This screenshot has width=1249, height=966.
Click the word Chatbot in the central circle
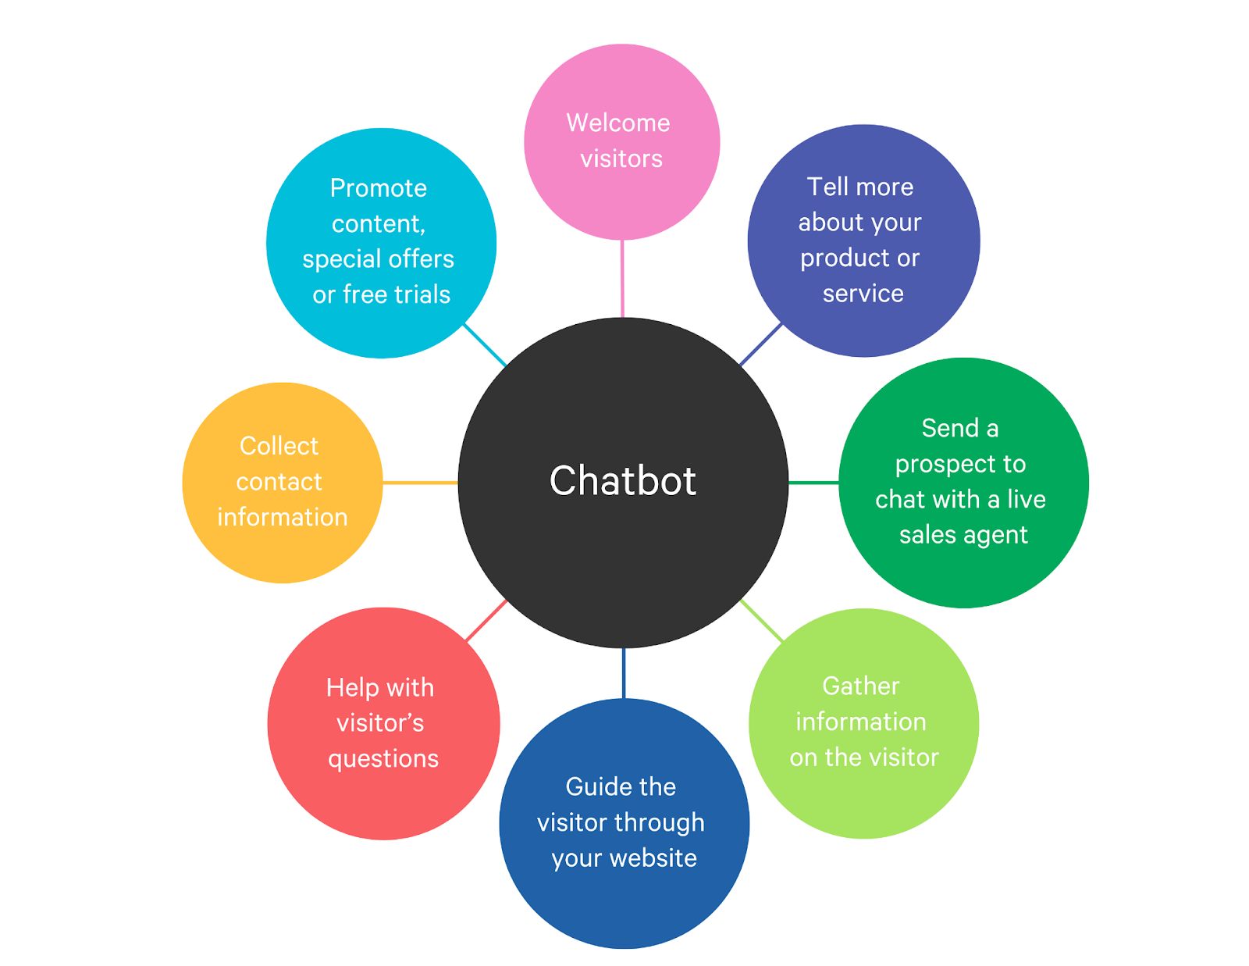click(622, 481)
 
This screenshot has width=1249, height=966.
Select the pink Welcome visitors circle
click(622, 142)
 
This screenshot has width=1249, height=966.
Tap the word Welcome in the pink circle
click(618, 123)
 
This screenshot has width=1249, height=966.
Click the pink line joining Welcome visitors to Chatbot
click(622, 279)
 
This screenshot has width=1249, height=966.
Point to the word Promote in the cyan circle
click(378, 189)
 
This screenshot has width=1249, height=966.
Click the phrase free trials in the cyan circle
click(397, 294)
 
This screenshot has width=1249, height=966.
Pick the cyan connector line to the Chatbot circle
click(485, 345)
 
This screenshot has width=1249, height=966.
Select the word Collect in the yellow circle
click(279, 446)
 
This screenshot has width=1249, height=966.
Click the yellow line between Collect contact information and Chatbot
click(420, 483)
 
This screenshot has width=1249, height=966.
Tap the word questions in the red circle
click(383, 760)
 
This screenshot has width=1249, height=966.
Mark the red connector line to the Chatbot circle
click(486, 620)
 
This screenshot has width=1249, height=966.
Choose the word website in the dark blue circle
click(653, 858)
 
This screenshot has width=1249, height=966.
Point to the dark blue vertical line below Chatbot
click(624, 674)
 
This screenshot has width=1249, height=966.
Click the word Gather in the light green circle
click(860, 686)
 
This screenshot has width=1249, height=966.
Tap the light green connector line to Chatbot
click(762, 621)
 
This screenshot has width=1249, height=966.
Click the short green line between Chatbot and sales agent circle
click(813, 483)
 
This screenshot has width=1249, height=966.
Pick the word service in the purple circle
click(863, 294)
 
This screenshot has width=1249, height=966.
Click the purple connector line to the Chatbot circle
click(760, 344)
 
